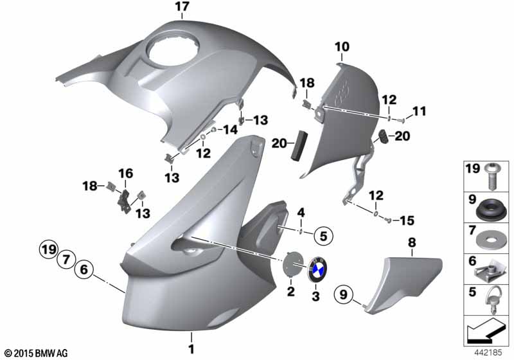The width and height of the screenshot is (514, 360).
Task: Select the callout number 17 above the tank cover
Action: [182, 6]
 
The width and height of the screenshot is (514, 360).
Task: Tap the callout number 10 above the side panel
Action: [342, 47]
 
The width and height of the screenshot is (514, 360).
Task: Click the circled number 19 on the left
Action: [49, 250]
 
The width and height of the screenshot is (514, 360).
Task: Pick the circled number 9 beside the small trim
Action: [343, 294]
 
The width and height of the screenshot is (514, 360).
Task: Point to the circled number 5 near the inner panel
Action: [324, 236]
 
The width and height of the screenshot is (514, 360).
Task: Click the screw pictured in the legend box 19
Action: [491, 176]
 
